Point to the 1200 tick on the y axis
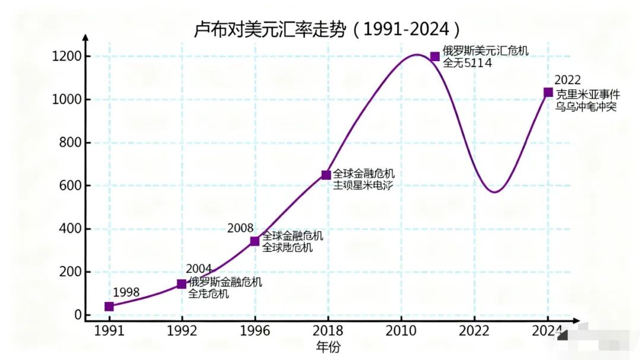coord(70,57)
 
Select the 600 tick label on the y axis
coord(70,186)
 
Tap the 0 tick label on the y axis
coord(78,316)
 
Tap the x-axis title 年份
coord(328,347)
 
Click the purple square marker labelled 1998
coord(109,307)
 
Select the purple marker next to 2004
coord(182,284)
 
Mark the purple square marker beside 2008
coord(255,241)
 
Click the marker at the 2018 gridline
coord(326,175)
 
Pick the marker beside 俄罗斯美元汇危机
coord(435,56)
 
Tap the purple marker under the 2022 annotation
coord(548,93)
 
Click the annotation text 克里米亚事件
coord(587,94)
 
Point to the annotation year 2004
coord(199,269)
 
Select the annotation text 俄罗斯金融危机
coord(225,282)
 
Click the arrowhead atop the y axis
coord(85,37)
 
